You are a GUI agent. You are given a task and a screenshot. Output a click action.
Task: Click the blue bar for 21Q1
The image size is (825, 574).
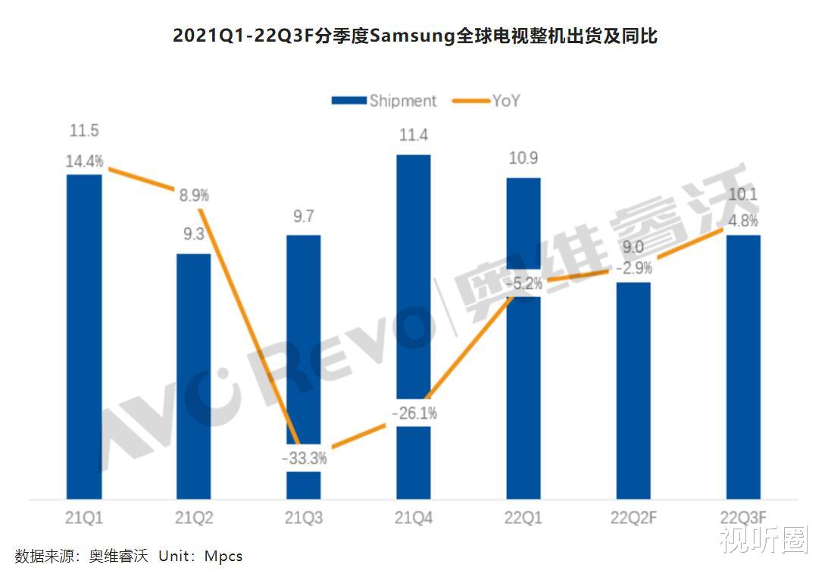point(84,337)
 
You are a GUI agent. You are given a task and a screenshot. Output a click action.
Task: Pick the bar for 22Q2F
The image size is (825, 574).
point(633,391)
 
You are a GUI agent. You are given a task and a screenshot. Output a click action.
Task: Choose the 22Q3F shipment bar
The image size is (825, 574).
point(743,367)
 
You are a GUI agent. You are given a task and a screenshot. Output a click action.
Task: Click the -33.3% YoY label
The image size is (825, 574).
point(304,458)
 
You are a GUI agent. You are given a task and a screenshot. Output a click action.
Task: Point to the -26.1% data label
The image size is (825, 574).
point(414,414)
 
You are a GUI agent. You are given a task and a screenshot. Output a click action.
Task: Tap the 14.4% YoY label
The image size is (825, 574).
point(84,161)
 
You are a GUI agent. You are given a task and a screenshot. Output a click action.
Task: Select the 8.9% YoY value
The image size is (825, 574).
point(194,195)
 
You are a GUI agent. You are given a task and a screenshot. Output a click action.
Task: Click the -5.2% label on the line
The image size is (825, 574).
point(523,284)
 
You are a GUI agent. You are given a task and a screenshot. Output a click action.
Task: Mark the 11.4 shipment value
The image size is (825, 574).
point(414,136)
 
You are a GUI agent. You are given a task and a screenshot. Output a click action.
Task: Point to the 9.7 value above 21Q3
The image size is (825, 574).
point(304,217)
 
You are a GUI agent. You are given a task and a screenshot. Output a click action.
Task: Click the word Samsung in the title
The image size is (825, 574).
point(411,36)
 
